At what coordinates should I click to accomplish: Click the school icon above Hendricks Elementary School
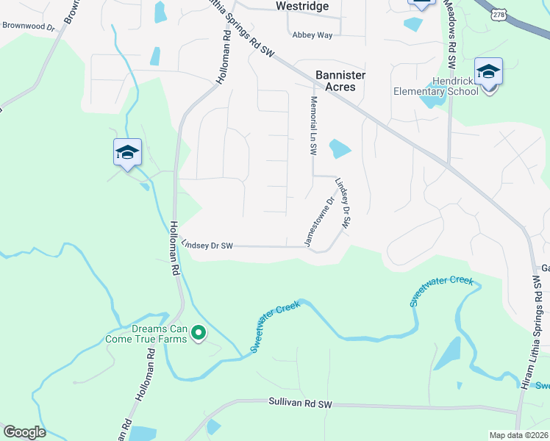tap(488, 72)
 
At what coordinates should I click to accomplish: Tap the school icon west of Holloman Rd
tap(127, 153)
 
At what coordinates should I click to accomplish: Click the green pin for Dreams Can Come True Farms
tap(198, 334)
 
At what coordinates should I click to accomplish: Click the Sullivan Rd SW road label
tap(301, 404)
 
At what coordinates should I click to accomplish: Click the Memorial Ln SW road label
tap(313, 125)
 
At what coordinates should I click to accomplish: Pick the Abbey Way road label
tap(312, 35)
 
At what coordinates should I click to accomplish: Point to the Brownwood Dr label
tap(29, 26)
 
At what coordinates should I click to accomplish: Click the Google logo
tap(24, 432)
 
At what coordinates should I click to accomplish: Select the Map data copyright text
tap(518, 435)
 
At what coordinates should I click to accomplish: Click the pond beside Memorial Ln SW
tap(339, 149)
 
